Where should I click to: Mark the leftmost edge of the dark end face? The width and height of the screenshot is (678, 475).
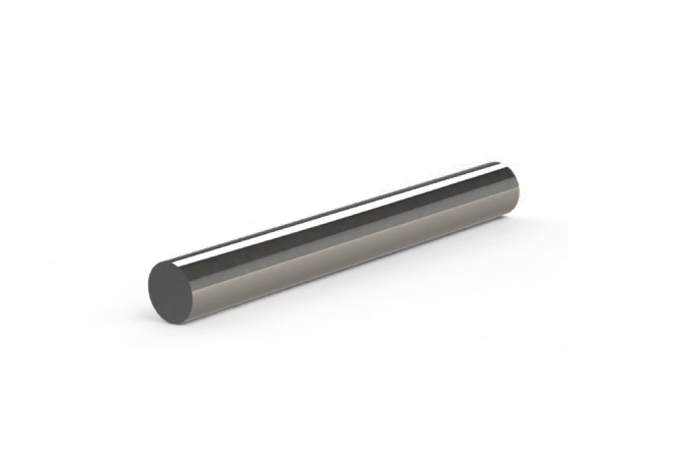[148, 288]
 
